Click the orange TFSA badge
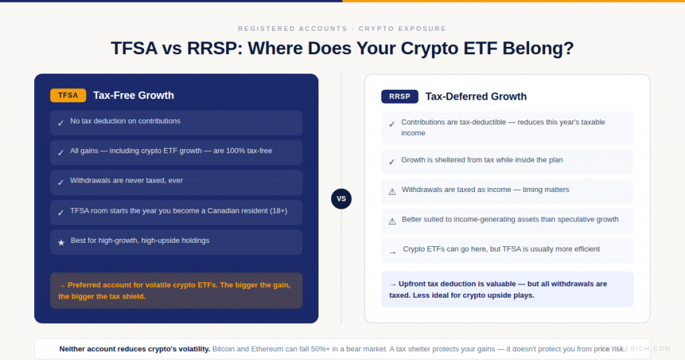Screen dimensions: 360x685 68,95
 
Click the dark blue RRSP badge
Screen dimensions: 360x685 399,96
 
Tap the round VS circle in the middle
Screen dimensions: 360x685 341,199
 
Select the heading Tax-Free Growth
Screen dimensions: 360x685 133,95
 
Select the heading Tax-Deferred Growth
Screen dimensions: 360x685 476,96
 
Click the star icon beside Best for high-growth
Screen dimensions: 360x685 61,242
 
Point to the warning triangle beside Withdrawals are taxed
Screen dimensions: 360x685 392,191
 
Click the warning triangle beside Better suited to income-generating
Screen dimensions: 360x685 392,221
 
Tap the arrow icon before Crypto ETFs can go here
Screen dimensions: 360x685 392,252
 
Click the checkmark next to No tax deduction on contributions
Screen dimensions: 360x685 61,123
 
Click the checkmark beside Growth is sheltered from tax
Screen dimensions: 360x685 392,162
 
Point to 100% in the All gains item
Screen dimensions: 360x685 235,151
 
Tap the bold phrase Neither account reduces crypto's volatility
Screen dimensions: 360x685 134,349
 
